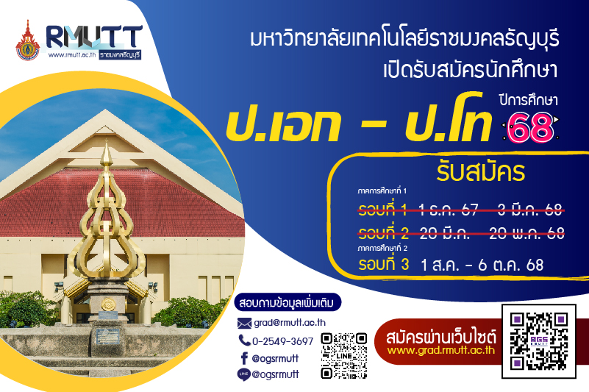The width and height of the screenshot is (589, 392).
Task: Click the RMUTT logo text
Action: click(94, 38)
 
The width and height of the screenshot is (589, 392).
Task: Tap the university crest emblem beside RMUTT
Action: click(27, 41)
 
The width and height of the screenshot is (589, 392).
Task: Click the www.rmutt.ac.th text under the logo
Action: click(72, 55)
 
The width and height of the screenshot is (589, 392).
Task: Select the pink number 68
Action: click(530, 128)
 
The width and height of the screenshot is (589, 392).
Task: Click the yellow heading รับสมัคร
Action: click(480, 172)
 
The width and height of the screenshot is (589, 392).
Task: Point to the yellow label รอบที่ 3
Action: click(384, 264)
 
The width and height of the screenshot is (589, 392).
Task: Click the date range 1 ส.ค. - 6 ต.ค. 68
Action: click(482, 265)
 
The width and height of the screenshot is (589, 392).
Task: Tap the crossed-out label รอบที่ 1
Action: click(383, 210)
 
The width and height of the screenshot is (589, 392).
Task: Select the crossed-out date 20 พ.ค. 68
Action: click(526, 233)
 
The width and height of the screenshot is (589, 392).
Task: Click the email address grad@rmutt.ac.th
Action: click(290, 322)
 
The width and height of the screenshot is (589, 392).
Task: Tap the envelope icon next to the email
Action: click(244, 323)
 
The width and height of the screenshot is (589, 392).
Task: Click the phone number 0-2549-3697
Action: click(282, 341)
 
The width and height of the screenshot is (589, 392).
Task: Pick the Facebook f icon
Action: click(244, 358)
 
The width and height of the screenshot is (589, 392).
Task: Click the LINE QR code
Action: click(343, 355)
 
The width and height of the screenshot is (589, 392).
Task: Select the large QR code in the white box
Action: click(539, 341)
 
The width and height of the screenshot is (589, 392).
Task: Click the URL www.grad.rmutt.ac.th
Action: click(441, 350)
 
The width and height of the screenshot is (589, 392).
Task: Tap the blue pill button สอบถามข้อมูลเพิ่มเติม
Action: click(288, 302)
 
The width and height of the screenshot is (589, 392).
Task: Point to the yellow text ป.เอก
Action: click(283, 124)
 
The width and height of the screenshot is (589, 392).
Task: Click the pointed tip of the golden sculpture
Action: click(107, 140)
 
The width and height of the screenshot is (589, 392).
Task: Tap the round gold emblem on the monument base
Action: click(108, 304)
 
